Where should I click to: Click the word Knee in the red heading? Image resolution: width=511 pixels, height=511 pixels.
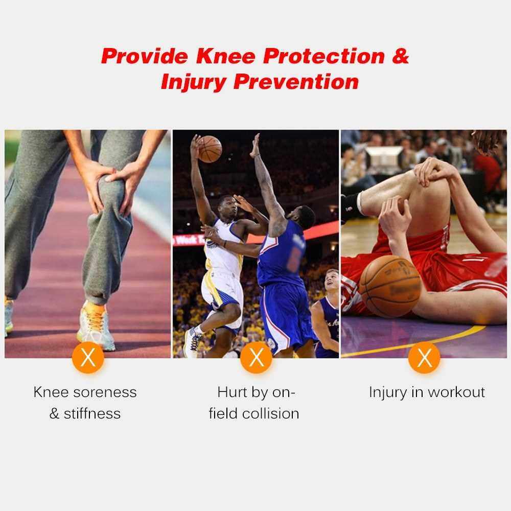[225, 56]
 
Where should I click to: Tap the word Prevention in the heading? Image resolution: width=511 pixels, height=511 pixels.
[296, 81]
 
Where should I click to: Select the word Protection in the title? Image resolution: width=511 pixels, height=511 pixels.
[324, 56]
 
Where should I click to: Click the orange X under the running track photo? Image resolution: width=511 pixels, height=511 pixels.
[88, 358]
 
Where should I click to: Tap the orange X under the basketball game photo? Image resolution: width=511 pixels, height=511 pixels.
[256, 358]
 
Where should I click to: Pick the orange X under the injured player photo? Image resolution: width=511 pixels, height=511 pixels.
[424, 358]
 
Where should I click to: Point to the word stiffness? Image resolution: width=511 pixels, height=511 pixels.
[92, 413]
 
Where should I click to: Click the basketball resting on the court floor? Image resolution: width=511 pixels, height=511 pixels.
[390, 286]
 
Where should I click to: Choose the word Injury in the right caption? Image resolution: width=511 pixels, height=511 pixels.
[388, 392]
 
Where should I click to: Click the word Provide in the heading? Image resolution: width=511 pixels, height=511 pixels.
[145, 56]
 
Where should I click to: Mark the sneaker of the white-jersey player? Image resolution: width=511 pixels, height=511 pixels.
[193, 342]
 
